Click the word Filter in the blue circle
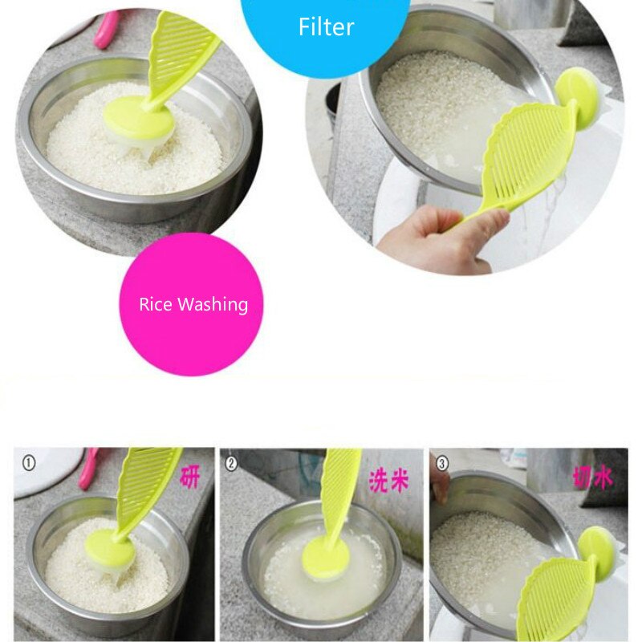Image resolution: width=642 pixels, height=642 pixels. point(327,27)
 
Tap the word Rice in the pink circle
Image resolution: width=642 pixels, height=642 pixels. point(156,305)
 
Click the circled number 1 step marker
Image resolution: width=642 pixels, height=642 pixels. point(30,463)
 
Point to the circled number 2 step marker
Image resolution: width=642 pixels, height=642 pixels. point(233,463)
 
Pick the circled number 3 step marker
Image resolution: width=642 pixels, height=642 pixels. point(441,463)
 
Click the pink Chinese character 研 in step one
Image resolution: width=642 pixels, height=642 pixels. point(190,477)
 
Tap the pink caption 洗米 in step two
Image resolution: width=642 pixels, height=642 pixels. point(388,480)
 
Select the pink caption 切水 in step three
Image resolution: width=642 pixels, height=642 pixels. point(593,478)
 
